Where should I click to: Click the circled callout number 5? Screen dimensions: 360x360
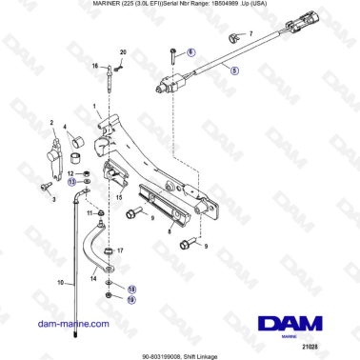(235, 70)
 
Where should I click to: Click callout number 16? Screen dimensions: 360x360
(95, 66)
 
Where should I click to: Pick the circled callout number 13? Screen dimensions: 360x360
(71, 180)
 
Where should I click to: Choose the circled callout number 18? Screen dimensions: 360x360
(132, 288)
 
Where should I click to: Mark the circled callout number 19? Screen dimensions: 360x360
(132, 299)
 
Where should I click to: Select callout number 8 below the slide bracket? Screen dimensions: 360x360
(169, 230)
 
